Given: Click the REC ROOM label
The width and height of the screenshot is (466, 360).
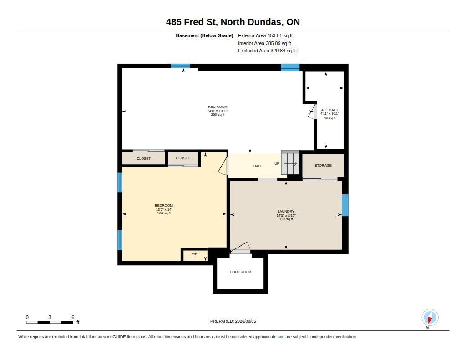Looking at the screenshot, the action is click(x=218, y=106).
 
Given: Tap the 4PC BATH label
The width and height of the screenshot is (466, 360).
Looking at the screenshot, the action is click(x=329, y=110).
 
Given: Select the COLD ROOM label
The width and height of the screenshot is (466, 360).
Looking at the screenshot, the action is click(x=240, y=272).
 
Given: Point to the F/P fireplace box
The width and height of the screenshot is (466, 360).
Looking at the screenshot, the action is click(x=194, y=255).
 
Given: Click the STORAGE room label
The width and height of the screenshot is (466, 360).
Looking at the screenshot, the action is click(x=323, y=165).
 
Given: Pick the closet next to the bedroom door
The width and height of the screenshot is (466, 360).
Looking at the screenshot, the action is click(x=183, y=158).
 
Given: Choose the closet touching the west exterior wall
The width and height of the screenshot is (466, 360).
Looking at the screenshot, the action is click(x=143, y=158).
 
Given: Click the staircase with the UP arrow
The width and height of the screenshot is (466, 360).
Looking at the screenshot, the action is click(x=290, y=163).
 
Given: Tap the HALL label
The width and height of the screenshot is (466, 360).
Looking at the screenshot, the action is click(x=258, y=166).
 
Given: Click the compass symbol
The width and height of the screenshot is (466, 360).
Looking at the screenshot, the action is click(x=430, y=318).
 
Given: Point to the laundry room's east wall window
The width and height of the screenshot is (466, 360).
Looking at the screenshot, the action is click(x=345, y=205).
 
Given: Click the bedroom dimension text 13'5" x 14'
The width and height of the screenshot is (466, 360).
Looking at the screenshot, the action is click(x=164, y=209).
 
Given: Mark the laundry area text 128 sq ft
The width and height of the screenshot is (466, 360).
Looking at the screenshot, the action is click(x=286, y=219).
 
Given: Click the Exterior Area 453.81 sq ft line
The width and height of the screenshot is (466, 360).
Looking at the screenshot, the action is click(x=265, y=35).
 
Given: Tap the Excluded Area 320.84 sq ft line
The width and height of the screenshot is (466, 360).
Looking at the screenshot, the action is click(x=267, y=51).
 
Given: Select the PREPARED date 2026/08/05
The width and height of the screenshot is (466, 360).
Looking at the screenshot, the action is click(x=233, y=321).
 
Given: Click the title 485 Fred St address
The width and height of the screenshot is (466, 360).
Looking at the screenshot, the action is click(x=233, y=22).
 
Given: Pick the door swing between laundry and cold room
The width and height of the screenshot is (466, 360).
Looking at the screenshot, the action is click(x=241, y=248).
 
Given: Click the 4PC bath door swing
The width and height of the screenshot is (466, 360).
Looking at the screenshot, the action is click(x=312, y=112).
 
